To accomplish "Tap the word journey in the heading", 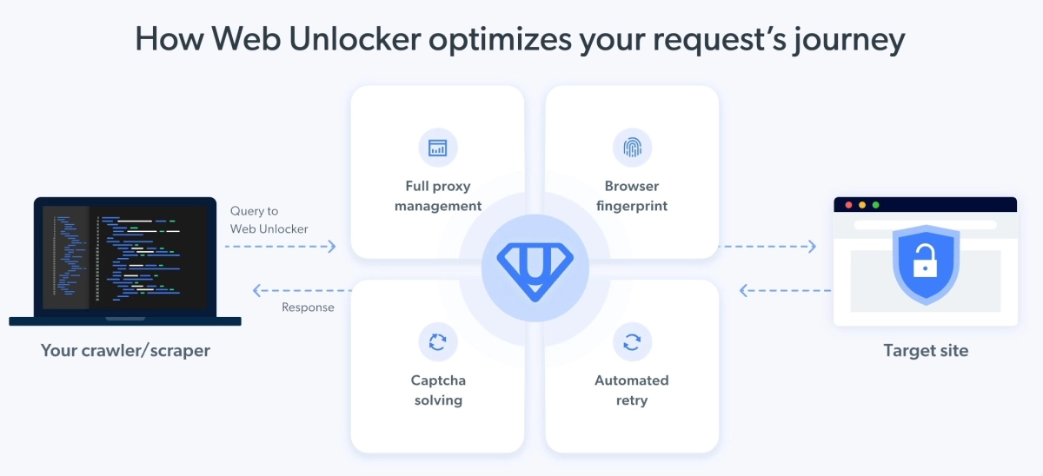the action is point(849,41).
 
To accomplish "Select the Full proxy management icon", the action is point(438,148).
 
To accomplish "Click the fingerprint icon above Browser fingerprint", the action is point(632,148).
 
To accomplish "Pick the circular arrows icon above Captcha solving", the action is point(438,342).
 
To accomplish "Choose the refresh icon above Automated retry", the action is point(632,342).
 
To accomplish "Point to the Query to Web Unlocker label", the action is point(269,220).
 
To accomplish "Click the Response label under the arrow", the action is point(308,307).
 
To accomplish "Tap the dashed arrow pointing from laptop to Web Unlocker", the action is point(280,246).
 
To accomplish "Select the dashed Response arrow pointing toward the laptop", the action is point(302,290).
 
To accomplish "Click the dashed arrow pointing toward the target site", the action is point(767,246).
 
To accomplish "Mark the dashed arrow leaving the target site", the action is point(785,290).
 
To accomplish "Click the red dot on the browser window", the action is point(848,205).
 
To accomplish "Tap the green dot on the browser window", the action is point(875,205).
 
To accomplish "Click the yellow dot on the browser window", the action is point(862,205).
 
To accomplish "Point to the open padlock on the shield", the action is point(925,261).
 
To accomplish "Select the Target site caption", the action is point(926,350).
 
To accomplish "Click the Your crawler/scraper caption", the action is point(125,350).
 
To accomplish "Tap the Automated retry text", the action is point(632,390).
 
